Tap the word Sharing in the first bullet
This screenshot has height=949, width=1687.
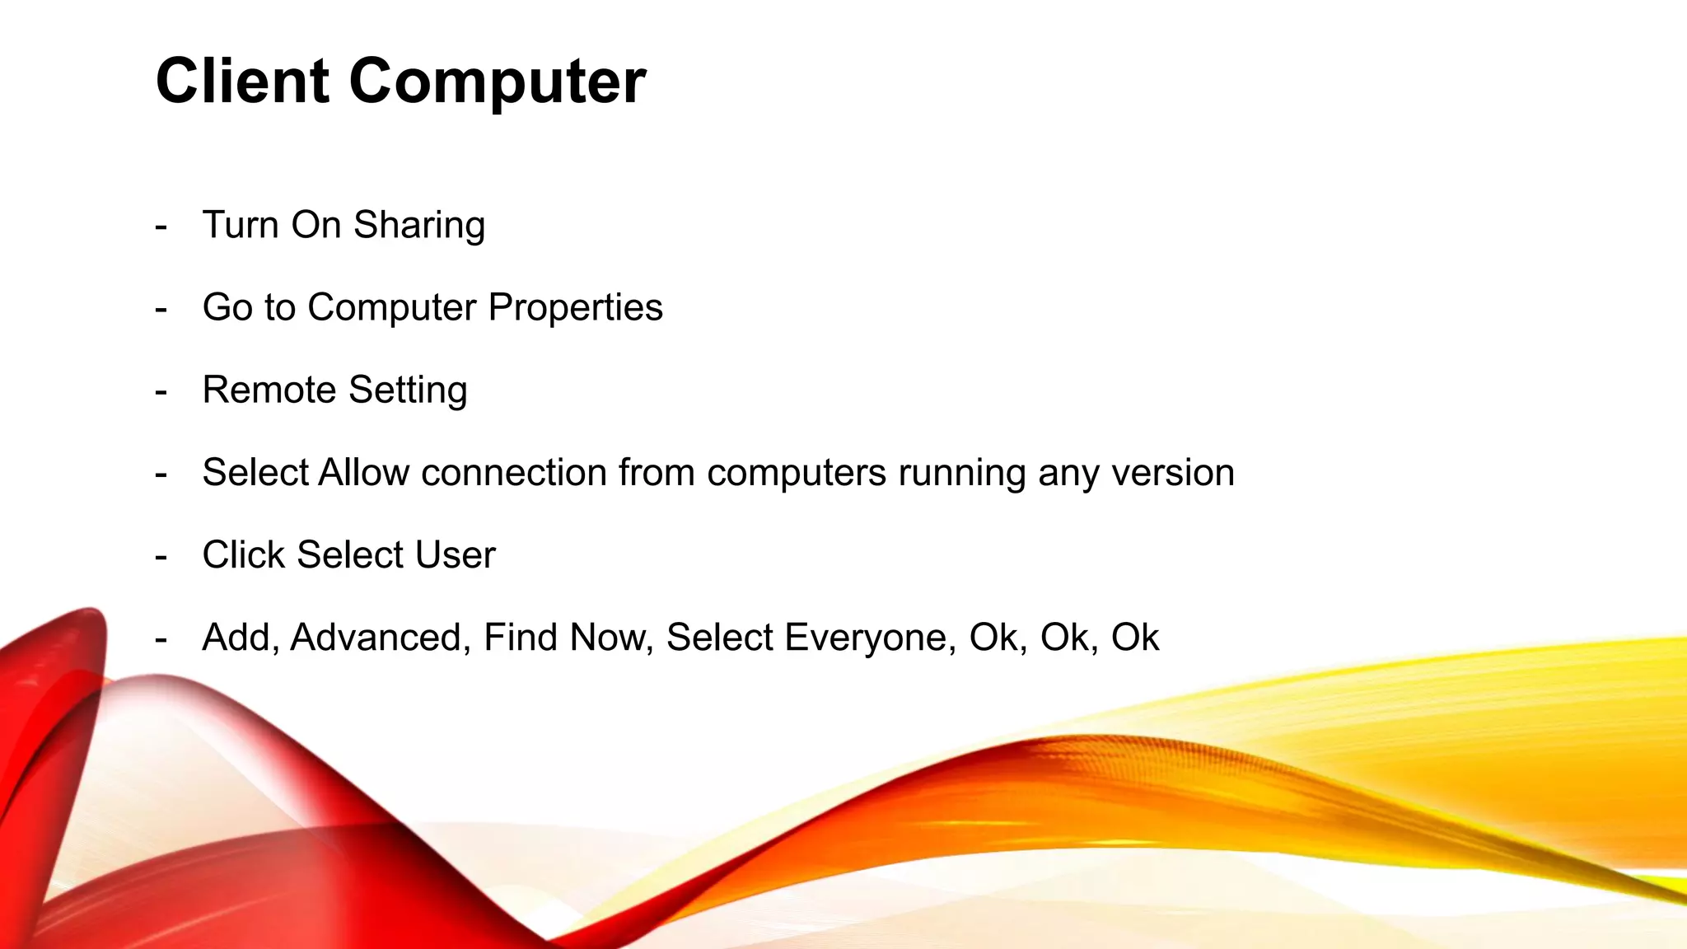click(x=419, y=226)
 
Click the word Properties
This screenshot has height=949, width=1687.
click(x=575, y=308)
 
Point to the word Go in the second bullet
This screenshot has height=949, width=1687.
click(x=227, y=307)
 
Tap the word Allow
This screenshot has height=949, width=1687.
click(x=363, y=473)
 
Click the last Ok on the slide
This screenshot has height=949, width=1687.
click(x=1134, y=637)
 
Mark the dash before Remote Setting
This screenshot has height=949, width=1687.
click(x=161, y=392)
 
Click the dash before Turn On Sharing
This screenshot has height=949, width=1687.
click(x=161, y=227)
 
